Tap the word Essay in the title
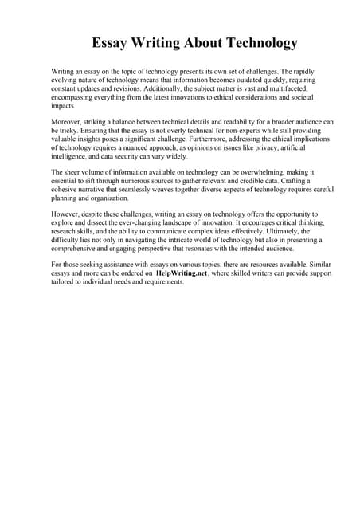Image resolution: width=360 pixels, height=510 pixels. click(112, 42)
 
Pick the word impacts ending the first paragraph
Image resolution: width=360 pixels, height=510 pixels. click(64, 105)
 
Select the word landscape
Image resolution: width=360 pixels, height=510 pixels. click(182, 223)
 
